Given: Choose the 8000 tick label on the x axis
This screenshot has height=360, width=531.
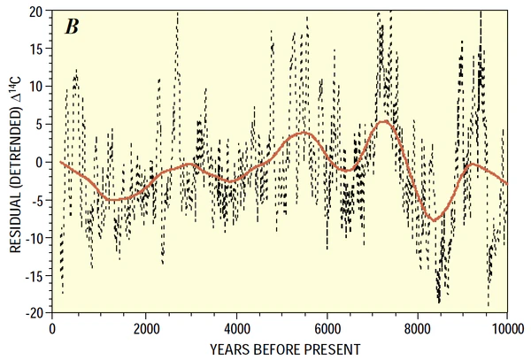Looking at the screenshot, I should (416, 326).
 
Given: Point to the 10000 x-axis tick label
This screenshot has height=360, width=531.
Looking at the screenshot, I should (504, 326).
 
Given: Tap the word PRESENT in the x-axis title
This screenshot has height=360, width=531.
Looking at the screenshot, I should (327, 348).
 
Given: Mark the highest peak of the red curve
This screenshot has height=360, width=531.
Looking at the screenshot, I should (383, 121).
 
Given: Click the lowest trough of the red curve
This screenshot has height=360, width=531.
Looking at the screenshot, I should (433, 219).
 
